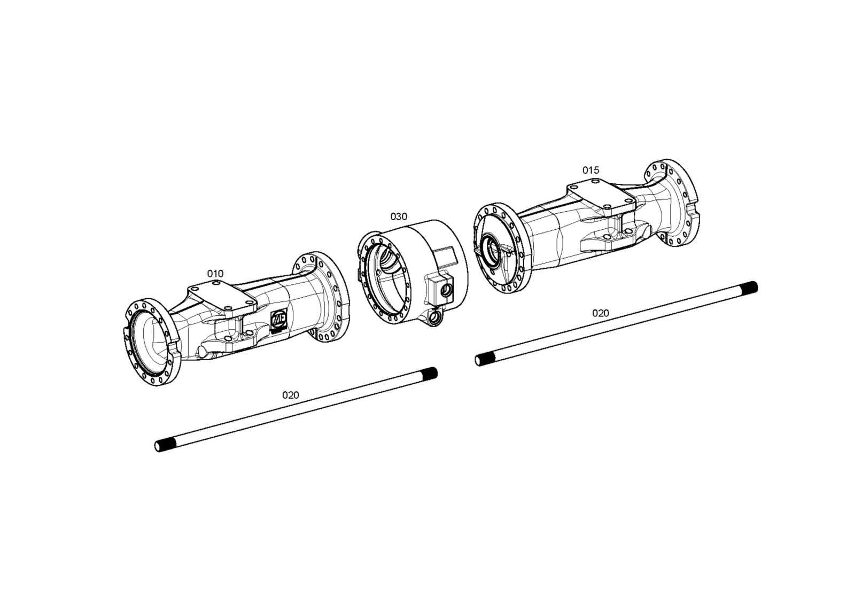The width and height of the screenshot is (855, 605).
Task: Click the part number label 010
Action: (215, 274)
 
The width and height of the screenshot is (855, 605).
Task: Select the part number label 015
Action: (591, 170)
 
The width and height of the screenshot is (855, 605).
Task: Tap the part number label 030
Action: (399, 216)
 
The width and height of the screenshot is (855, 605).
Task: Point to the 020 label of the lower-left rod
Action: (291, 394)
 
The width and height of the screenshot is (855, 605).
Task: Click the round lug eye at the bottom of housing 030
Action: (434, 319)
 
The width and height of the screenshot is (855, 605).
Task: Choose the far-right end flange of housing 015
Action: (673, 203)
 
